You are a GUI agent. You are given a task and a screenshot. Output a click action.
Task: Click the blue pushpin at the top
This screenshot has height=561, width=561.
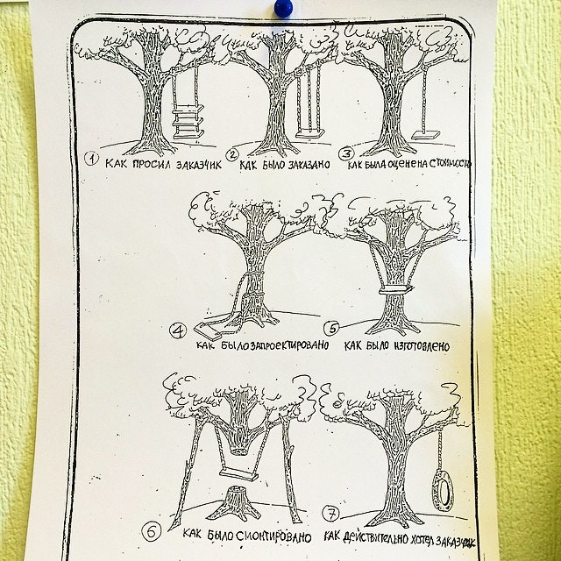pyautogui.click(x=283, y=8)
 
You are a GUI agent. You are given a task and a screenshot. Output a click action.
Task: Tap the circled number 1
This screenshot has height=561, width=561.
pyautogui.click(x=91, y=158)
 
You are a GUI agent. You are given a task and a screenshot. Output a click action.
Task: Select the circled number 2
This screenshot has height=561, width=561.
pyautogui.click(x=232, y=155)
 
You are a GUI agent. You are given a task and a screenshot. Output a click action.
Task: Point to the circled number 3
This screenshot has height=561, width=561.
pyautogui.click(x=346, y=154)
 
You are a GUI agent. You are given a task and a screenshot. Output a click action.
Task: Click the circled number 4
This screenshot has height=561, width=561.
pyautogui.click(x=178, y=331)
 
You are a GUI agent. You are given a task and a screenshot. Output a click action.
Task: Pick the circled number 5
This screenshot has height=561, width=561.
pyautogui.click(x=332, y=328)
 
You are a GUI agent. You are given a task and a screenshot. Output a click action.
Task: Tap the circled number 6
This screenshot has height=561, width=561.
pyautogui.click(x=152, y=532)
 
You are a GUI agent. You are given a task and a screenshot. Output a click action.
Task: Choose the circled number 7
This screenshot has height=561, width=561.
pyautogui.click(x=331, y=514)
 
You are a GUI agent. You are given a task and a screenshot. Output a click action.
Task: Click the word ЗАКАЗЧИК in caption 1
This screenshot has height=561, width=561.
pyautogui.click(x=199, y=165)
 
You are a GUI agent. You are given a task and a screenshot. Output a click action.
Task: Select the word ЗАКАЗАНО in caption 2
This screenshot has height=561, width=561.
pyautogui.click(x=309, y=164)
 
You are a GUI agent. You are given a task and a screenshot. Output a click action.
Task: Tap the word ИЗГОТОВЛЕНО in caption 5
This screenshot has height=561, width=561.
pyautogui.click(x=422, y=346)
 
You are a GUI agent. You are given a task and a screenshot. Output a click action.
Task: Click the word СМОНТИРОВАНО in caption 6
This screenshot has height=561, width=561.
pyautogui.click(x=273, y=536)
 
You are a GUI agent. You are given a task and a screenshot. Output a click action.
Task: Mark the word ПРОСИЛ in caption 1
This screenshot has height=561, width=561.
pyautogui.click(x=152, y=164)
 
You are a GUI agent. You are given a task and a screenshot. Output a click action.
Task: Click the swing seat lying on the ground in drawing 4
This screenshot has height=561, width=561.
pyautogui.click(x=208, y=331)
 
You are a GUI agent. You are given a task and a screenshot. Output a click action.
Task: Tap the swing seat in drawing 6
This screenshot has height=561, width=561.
pyautogui.click(x=238, y=475)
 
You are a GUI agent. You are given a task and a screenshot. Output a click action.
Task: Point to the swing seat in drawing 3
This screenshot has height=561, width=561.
pyautogui.click(x=425, y=135)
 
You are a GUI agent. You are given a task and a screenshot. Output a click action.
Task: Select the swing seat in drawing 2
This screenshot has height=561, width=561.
pyautogui.click(x=309, y=134)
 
